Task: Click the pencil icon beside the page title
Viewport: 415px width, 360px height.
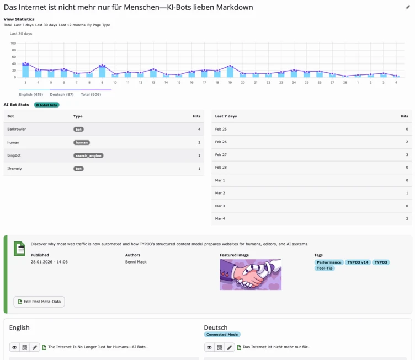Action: click(408, 7)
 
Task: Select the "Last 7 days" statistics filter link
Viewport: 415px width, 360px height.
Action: click(24, 25)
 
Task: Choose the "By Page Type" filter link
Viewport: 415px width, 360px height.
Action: click(99, 25)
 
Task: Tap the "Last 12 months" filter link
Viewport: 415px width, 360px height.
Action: click(72, 25)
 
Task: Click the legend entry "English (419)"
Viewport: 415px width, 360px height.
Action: click(31, 94)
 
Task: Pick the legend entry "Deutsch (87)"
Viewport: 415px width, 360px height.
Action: click(62, 94)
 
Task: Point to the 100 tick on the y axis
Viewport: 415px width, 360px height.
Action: click(13, 43)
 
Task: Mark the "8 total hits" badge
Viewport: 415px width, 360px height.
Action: click(46, 105)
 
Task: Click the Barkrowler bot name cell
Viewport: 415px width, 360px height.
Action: click(17, 129)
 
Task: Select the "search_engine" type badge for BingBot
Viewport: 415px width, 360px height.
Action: click(88, 155)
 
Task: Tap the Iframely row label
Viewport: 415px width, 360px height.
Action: click(15, 168)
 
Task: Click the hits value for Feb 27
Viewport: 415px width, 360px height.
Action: click(406, 155)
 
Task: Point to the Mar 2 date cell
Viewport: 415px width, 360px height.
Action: click(220, 193)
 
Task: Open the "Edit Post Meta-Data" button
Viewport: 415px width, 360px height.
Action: click(39, 302)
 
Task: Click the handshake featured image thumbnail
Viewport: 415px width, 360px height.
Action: click(251, 275)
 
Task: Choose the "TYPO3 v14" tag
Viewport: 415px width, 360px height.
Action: click(358, 262)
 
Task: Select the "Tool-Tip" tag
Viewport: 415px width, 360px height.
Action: click(324, 268)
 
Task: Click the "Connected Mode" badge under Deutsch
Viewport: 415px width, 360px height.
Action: click(222, 335)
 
